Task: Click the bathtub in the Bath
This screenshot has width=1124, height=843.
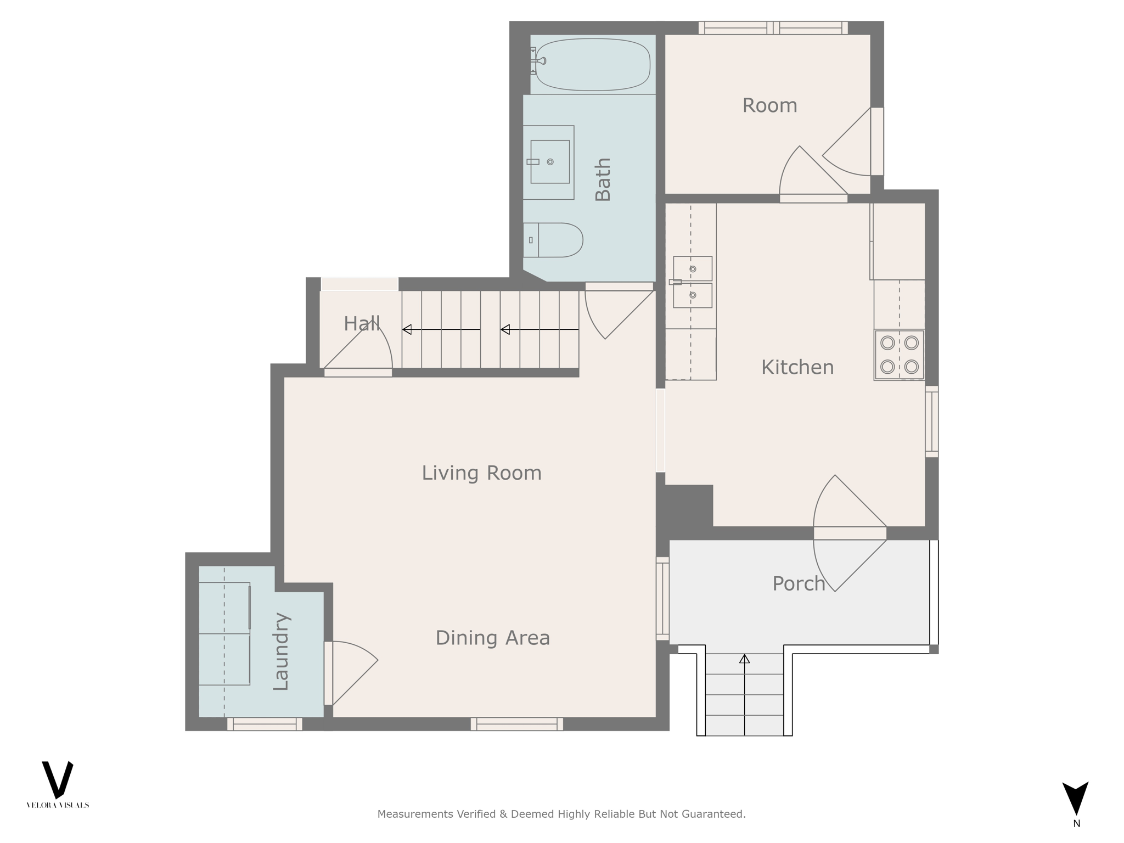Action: (593, 64)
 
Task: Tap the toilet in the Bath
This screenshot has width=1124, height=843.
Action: (553, 240)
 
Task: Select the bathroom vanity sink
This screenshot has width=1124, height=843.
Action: (549, 161)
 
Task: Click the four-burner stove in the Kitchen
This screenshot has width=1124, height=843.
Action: (899, 355)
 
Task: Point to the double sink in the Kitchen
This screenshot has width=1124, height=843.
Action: (692, 282)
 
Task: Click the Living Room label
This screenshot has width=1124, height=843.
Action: (481, 473)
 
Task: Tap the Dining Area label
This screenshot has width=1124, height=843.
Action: (492, 638)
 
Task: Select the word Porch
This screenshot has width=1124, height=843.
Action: (799, 583)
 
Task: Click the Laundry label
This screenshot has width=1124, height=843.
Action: (280, 651)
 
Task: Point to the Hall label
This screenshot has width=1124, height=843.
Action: (362, 324)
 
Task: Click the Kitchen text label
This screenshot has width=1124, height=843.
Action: (797, 367)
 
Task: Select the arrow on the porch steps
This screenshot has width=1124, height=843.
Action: (744, 695)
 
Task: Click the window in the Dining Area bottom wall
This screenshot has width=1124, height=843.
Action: (517, 724)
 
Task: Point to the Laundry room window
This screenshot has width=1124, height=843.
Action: (265, 724)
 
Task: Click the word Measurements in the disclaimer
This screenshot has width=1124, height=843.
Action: (415, 814)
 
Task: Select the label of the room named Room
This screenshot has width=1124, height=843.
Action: (769, 105)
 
